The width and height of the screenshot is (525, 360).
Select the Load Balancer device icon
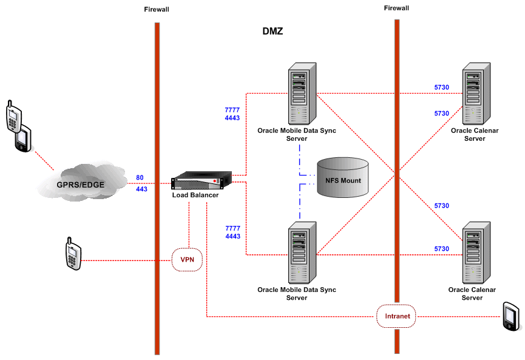pos(202,182)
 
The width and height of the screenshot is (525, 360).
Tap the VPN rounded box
pos(187,259)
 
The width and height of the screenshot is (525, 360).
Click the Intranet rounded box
pos(397,316)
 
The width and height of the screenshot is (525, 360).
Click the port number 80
pos(140,178)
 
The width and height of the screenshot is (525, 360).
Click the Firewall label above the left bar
pos(157,10)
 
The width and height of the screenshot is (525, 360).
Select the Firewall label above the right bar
pos(396,8)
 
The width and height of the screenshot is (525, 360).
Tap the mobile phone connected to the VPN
pos(73,256)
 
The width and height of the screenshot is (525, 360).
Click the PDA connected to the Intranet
pos(511,316)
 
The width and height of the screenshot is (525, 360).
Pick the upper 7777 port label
pos(232,110)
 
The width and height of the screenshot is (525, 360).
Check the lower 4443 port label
pos(232,236)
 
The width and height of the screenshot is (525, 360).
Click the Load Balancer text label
pos(195,195)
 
